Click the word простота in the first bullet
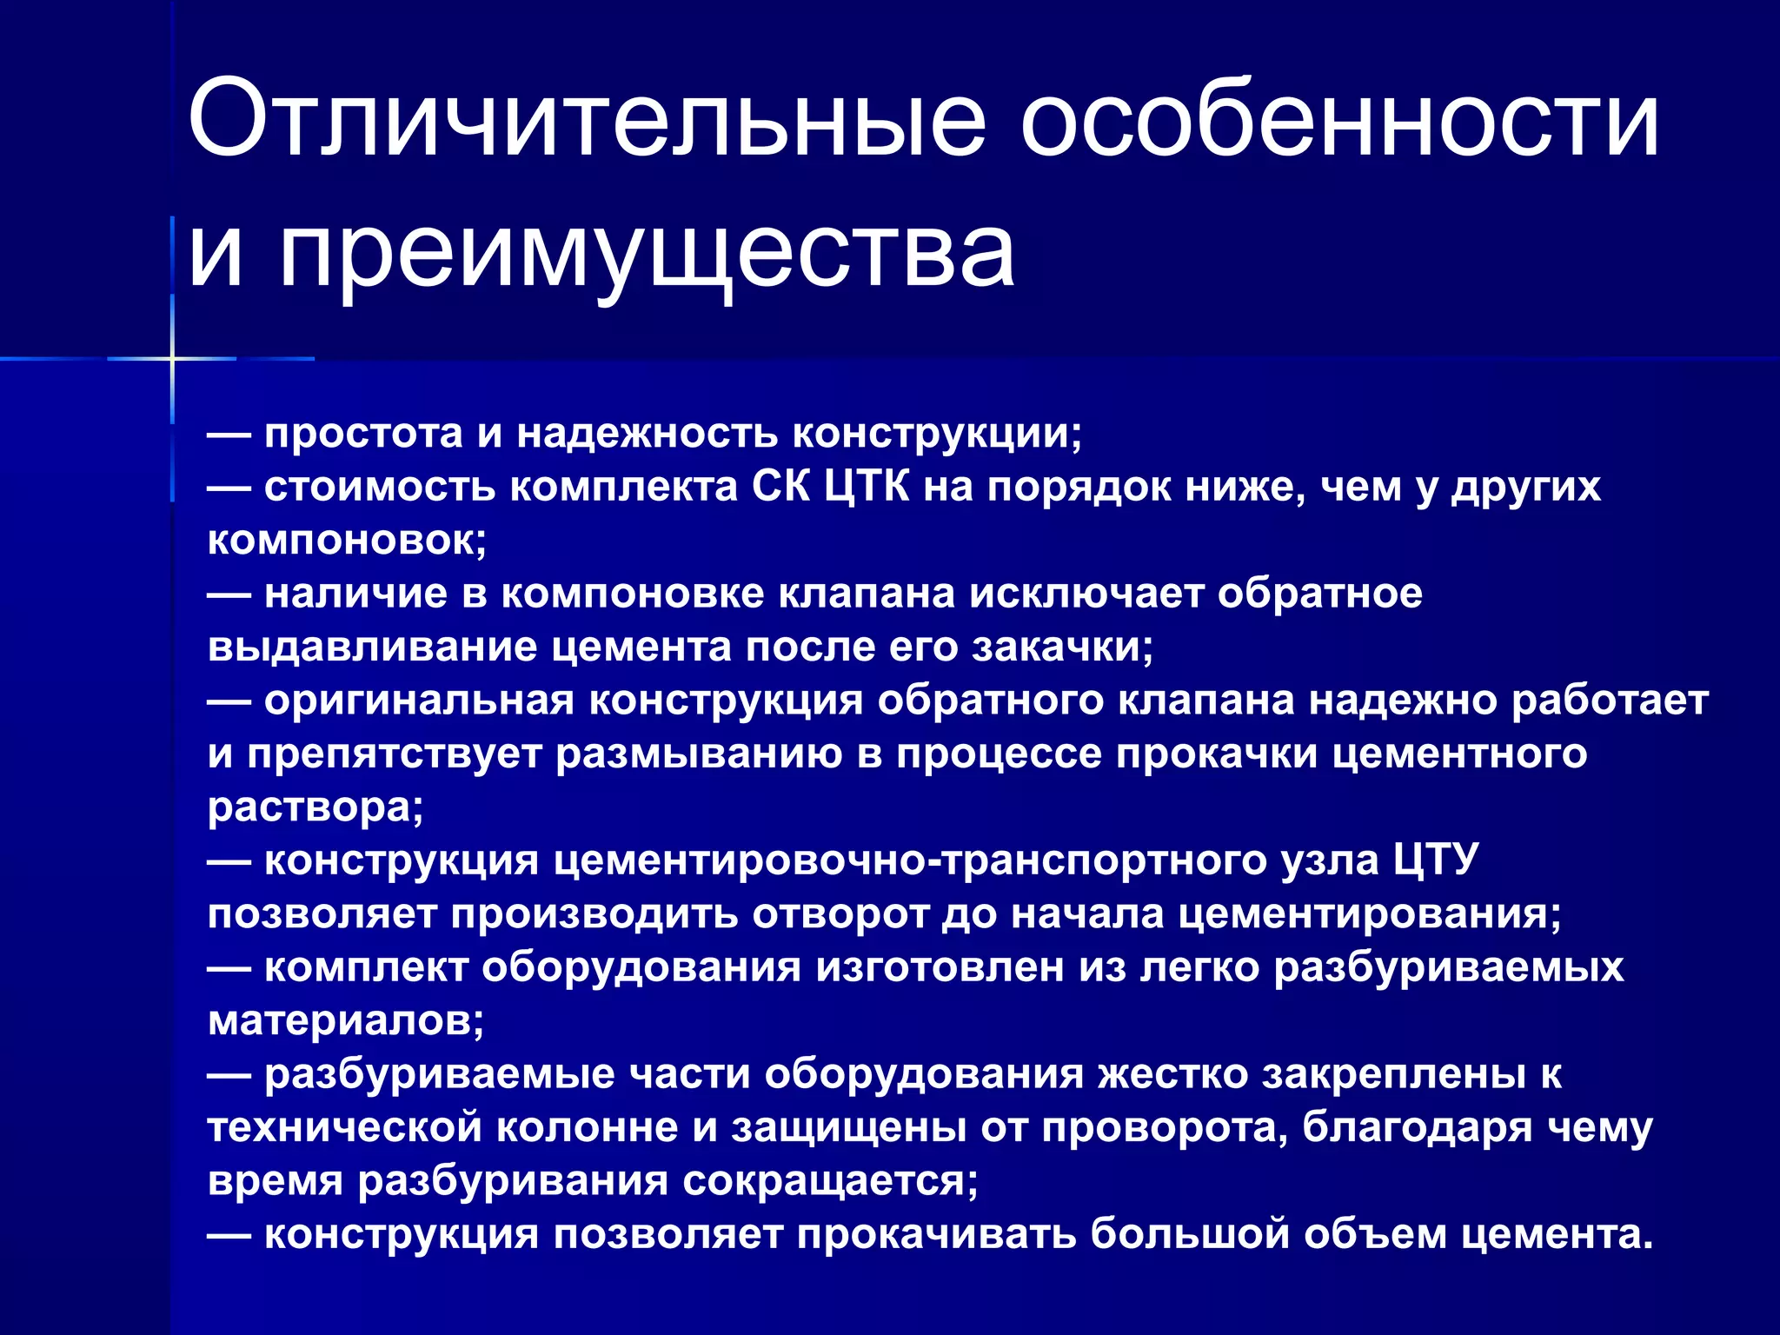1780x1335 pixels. tap(363, 433)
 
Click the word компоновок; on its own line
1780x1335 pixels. tap(347, 541)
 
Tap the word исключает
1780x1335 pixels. tap(1086, 594)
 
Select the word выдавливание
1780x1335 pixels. tap(373, 648)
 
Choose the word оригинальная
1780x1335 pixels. tap(419, 701)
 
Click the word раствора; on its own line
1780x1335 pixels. tap(315, 807)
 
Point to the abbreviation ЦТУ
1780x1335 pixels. tap(1436, 860)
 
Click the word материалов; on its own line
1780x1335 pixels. tap(346, 1020)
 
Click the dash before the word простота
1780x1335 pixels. tap(229, 433)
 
